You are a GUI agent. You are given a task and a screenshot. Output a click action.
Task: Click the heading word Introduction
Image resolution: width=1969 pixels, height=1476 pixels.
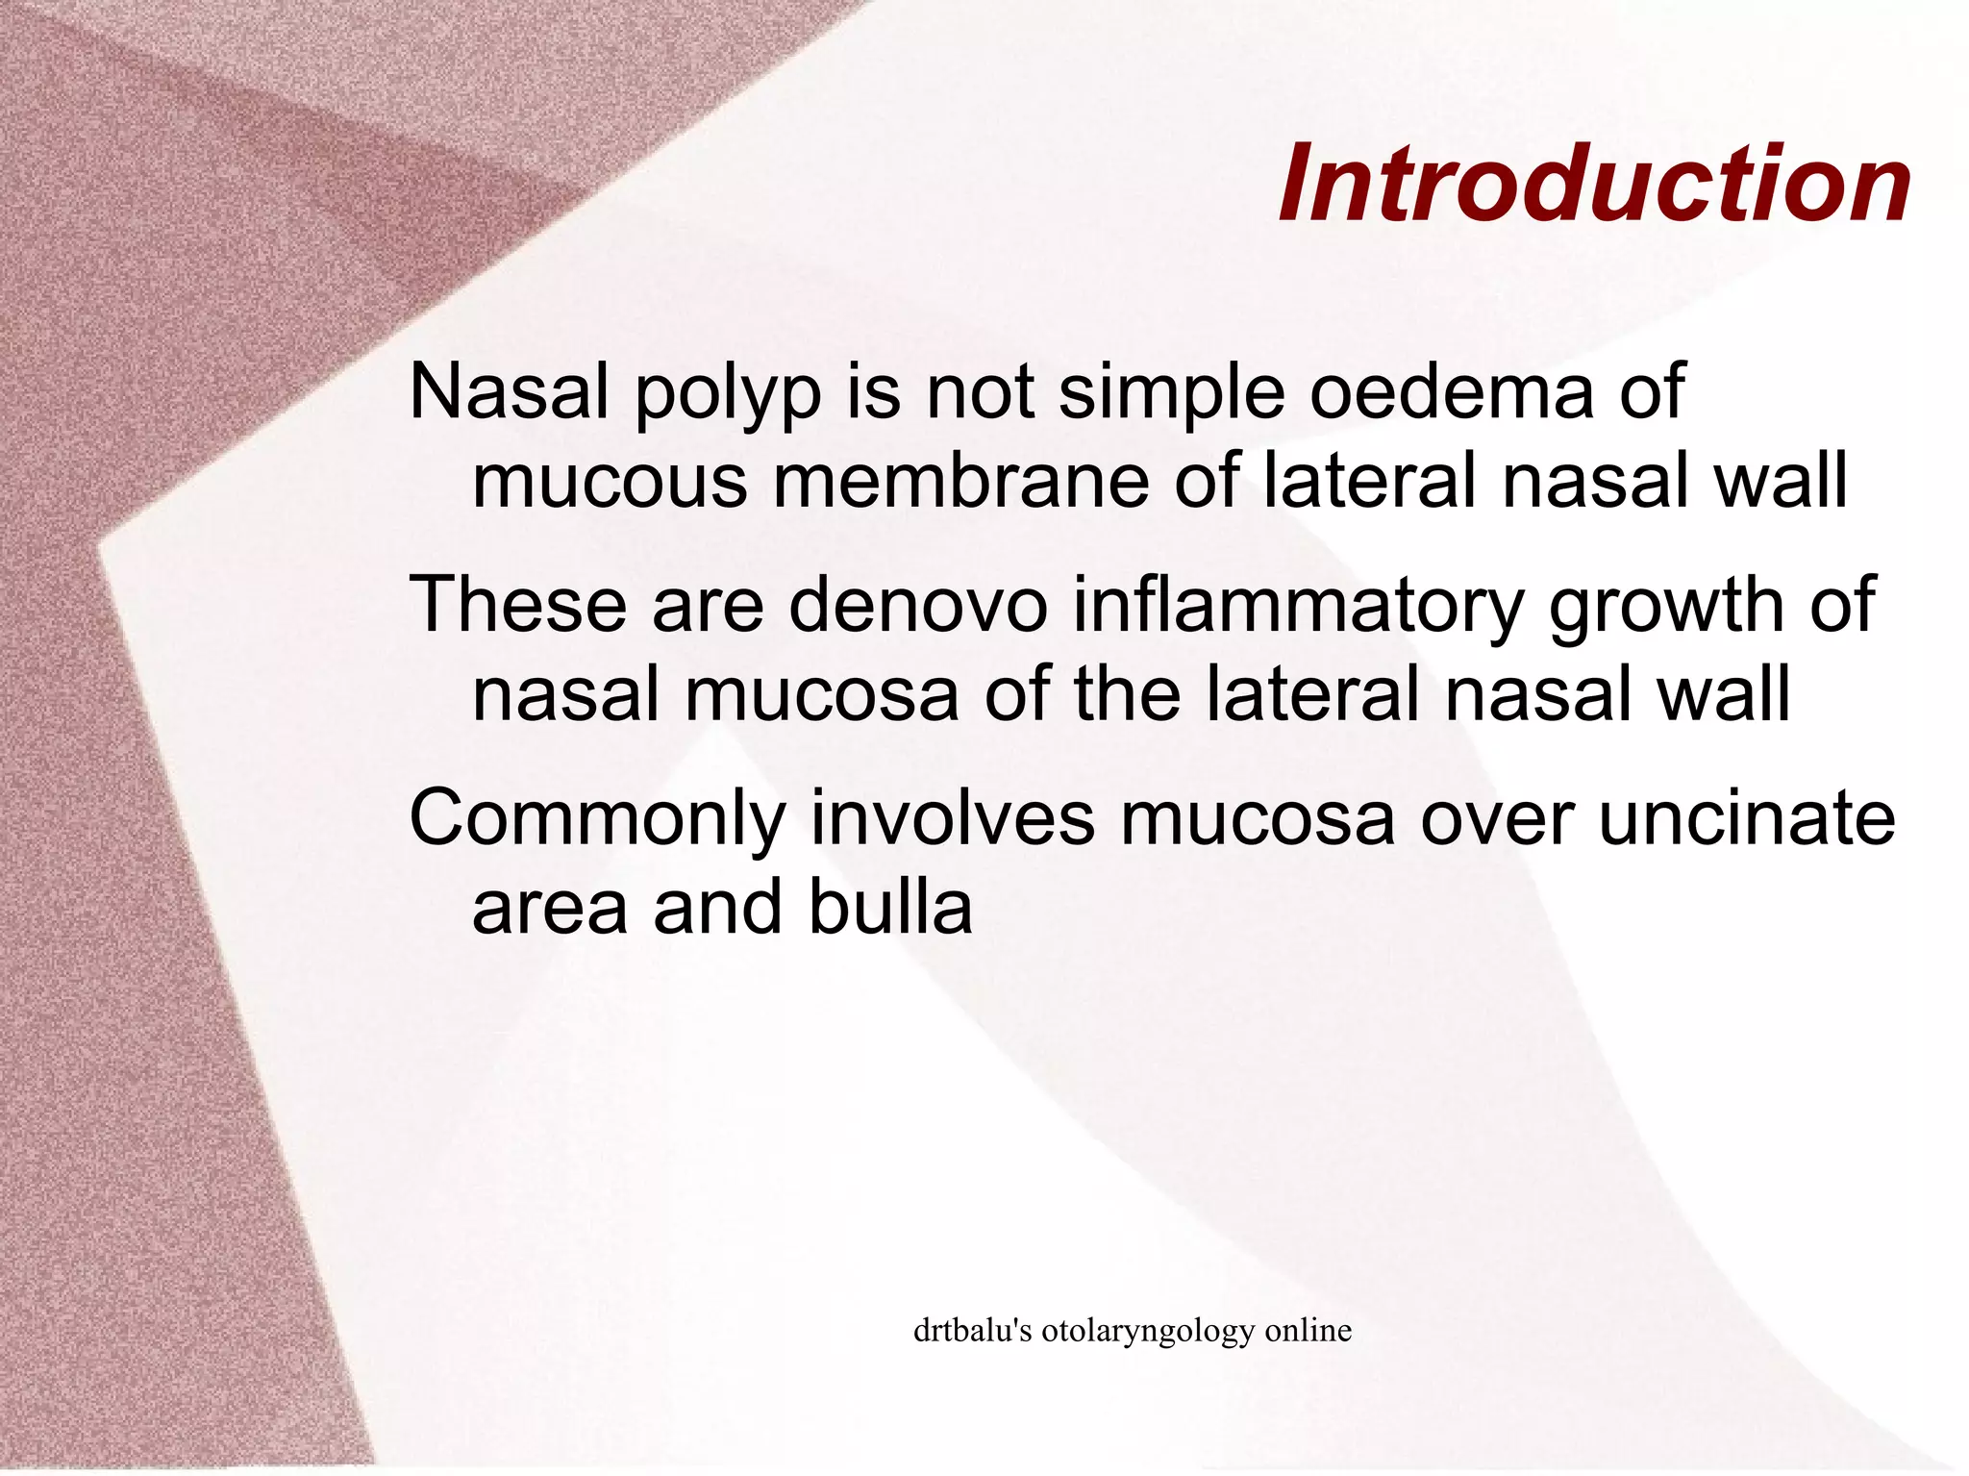coord(1594,183)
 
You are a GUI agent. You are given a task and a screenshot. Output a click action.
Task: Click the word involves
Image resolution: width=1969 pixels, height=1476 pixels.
coord(953,817)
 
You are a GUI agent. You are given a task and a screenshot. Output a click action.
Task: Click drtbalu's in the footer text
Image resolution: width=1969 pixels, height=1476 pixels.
coord(972,1331)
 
